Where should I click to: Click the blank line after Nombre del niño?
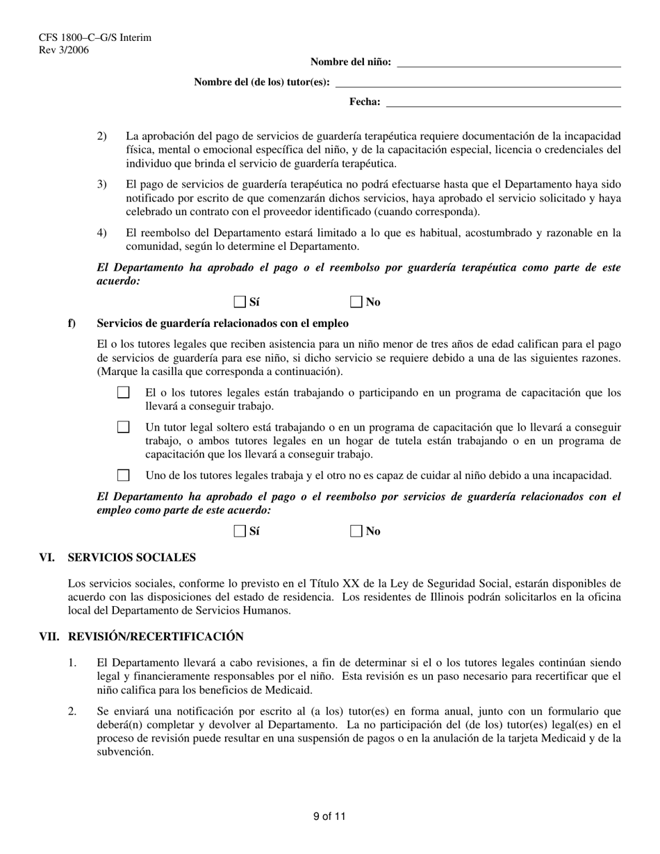(508, 62)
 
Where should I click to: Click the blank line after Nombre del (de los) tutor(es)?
(478, 83)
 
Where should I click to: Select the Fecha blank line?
(503, 103)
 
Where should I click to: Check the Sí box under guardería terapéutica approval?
(240, 301)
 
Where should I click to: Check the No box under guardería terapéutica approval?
(356, 301)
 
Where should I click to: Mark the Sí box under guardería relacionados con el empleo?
(240, 531)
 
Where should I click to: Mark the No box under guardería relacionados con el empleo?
(356, 531)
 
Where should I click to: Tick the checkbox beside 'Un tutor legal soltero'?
(124, 427)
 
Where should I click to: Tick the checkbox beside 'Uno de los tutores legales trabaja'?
(124, 476)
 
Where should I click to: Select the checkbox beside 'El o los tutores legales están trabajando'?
(124, 393)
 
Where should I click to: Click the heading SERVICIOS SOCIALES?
(131, 558)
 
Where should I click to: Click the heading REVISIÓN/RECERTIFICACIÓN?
(156, 637)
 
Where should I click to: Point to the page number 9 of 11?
(329, 817)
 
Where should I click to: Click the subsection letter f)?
(72, 324)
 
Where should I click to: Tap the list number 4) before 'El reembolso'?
(101, 233)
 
